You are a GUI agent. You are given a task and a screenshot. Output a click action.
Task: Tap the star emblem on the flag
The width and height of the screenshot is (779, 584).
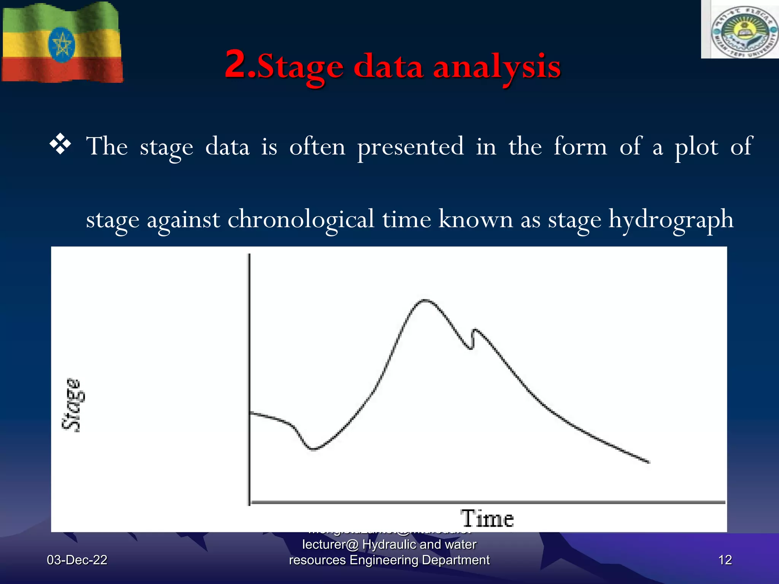(61, 45)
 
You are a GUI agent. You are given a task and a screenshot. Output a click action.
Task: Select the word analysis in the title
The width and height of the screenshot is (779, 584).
(497, 67)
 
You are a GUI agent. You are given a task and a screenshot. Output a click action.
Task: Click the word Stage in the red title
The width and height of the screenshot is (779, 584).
(300, 67)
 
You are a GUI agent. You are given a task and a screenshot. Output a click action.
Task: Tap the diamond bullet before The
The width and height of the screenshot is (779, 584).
(60, 145)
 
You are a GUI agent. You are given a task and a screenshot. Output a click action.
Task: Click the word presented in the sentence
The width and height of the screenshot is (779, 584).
(410, 146)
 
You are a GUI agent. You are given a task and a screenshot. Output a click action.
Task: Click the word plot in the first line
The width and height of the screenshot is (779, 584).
(696, 146)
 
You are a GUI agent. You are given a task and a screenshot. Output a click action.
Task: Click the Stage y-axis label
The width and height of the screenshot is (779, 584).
(72, 405)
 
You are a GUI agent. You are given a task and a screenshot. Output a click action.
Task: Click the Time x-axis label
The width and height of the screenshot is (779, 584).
(487, 519)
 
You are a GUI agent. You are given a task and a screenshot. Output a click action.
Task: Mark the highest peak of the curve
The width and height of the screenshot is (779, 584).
(425, 300)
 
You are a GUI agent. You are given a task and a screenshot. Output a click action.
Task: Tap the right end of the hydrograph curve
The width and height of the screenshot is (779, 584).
(648, 462)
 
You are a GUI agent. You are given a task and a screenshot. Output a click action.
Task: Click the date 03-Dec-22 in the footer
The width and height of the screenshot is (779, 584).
(77, 560)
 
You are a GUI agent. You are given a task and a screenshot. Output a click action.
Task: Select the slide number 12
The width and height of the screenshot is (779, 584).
(725, 560)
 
